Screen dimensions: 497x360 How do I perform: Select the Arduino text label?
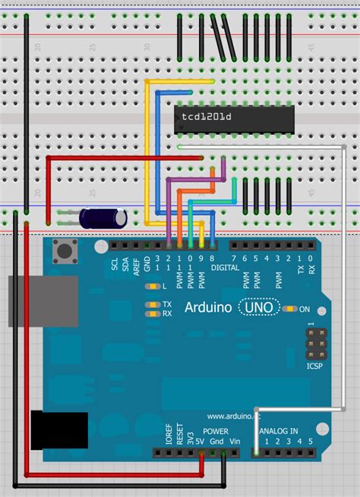(208, 309)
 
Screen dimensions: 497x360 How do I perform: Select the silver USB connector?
(42, 301)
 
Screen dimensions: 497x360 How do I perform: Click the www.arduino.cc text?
(235, 416)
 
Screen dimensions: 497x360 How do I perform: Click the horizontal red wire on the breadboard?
(122, 158)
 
